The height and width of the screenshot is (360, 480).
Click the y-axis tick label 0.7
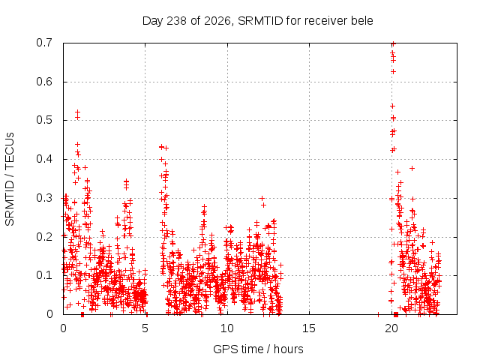pos(44,43)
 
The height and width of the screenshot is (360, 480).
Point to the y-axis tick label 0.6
pos(44,82)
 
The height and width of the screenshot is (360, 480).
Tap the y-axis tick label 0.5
pos(44,120)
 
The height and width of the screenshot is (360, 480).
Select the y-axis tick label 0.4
pos(44,159)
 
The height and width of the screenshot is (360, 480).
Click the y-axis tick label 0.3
pos(44,198)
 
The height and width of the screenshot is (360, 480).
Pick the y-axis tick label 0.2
pos(44,237)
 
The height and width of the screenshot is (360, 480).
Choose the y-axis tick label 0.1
pos(44,275)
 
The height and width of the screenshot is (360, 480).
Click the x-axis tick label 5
pos(145,328)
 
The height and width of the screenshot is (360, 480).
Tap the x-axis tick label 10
pos(226,328)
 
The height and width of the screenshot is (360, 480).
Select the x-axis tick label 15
pos(309,328)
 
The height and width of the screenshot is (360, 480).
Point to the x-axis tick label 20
pos(391,328)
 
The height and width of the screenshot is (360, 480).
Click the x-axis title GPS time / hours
pos(258,349)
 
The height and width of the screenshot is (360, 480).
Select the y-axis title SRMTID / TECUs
pos(10,179)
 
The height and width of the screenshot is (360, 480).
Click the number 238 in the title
pos(177,21)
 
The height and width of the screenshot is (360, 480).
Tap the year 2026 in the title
pos(217,21)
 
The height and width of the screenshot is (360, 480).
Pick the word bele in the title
pos(362,21)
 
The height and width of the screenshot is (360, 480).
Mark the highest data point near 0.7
pos(393,43)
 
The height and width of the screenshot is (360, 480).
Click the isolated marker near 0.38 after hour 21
pos(412,168)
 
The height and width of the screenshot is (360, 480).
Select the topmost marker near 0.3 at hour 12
pos(262,198)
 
